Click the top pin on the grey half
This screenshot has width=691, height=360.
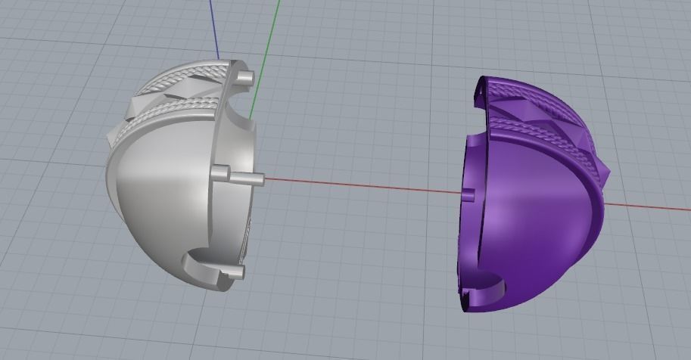pos(244,78)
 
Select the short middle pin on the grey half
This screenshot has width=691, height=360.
pos(219,174)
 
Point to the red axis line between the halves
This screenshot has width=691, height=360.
pos(356,185)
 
